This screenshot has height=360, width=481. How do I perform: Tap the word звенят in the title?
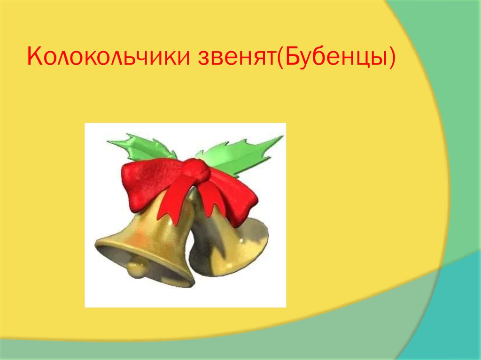(x=237, y=57)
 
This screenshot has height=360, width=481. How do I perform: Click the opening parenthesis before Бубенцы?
(x=280, y=58)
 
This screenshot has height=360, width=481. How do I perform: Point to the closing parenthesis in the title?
(x=392, y=58)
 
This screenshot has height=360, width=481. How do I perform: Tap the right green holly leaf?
(x=239, y=155)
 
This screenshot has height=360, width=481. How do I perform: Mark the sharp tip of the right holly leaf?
(x=282, y=137)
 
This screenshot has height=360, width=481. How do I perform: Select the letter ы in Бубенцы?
(x=377, y=59)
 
